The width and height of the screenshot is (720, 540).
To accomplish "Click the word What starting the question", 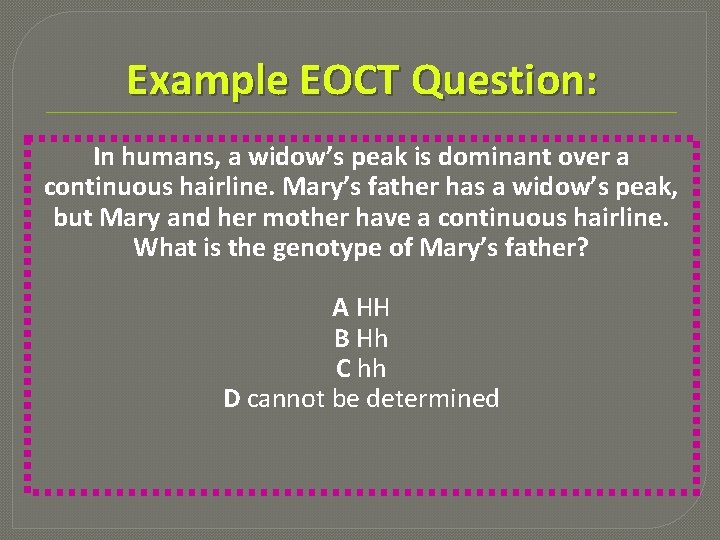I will point(163,247).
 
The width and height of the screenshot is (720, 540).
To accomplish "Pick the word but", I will point(72,217).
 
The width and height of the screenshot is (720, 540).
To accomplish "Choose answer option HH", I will point(373,307).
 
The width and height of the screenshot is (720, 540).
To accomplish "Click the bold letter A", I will point(341,307).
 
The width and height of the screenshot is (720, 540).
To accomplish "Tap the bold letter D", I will point(232,399).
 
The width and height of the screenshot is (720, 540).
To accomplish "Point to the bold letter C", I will point(343,368).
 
